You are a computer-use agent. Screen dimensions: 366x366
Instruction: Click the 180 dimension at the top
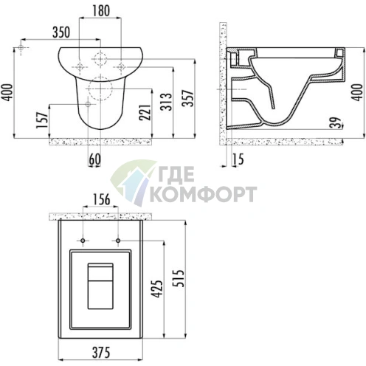pyautogui.click(x=101, y=11)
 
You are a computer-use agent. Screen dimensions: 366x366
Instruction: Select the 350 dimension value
pyautogui.click(x=61, y=32)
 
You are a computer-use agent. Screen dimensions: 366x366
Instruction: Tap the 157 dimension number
pyautogui.click(x=41, y=120)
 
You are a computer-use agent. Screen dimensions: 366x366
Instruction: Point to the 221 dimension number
pyautogui.click(x=145, y=112)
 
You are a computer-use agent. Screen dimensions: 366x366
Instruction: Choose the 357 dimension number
pyautogui.click(x=187, y=98)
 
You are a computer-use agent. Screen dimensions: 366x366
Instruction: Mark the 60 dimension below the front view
pyautogui.click(x=94, y=159)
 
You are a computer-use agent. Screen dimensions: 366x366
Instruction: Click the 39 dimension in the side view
pyautogui.click(x=336, y=122)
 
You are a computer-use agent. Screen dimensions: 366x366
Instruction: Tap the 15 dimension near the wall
pyautogui.click(x=238, y=159)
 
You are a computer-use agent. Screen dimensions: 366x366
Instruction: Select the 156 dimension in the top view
pyautogui.click(x=101, y=199)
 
